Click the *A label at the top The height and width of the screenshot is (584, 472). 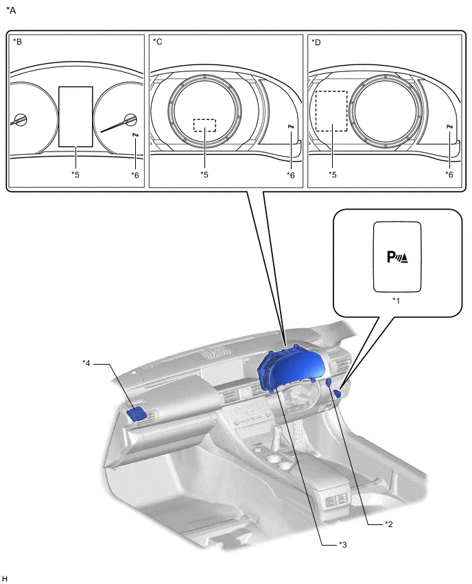(x=11, y=10)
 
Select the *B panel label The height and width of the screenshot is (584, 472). (x=18, y=42)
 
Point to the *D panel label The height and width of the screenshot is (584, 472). (x=316, y=42)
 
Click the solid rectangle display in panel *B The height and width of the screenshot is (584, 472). (x=75, y=117)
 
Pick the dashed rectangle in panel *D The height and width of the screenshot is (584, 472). (x=331, y=112)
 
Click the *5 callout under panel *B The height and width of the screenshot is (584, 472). (x=75, y=175)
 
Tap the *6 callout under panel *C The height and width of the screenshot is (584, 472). (x=292, y=175)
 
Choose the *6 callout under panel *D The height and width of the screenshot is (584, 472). (x=449, y=175)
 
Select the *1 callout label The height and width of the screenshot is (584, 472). (x=396, y=301)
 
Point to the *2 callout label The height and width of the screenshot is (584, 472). (x=389, y=524)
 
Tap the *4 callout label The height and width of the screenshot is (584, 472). (x=87, y=363)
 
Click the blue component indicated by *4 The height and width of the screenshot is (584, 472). (x=139, y=413)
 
